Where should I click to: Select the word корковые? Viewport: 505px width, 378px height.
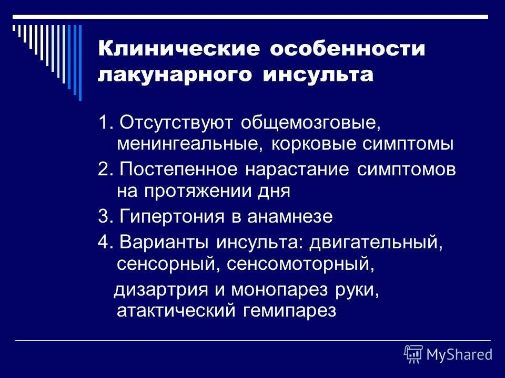click(x=307, y=143)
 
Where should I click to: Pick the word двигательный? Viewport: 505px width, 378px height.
click(x=373, y=243)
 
